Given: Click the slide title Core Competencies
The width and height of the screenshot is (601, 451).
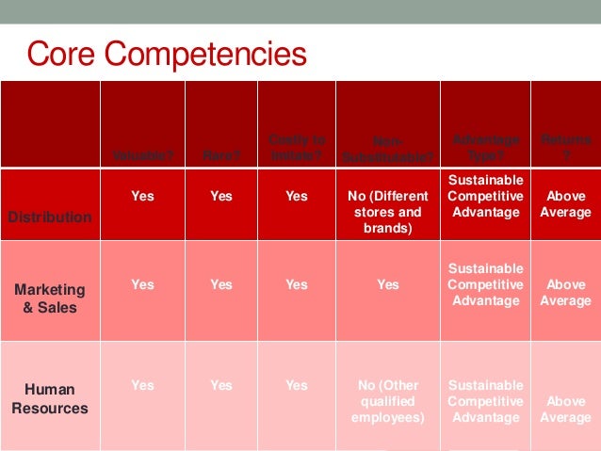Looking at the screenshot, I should [167, 54].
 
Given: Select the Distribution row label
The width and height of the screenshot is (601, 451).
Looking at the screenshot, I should [50, 217].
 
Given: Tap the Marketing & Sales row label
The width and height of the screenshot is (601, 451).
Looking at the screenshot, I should [50, 298].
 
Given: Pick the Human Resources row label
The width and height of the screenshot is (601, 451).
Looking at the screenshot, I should [50, 398].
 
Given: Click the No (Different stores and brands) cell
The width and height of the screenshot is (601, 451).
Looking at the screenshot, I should [388, 212].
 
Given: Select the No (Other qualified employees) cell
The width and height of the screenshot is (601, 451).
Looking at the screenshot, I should [388, 400].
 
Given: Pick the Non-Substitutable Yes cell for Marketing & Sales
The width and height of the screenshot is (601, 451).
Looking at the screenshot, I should [388, 284].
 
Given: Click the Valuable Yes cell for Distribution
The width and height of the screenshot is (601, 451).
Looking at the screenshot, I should [142, 197].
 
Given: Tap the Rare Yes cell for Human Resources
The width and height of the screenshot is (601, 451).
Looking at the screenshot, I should [220, 385].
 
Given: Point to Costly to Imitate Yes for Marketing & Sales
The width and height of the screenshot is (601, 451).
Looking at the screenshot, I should [297, 284].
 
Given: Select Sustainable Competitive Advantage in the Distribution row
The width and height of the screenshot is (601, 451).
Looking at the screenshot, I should [484, 196].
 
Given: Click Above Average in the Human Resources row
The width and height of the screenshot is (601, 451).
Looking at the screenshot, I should [565, 409].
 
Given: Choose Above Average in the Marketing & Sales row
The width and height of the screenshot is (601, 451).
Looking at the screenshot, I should [565, 292].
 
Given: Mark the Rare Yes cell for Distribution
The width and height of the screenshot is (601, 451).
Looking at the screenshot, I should [220, 197].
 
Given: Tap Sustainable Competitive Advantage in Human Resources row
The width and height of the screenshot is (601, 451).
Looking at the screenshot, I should [484, 400].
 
